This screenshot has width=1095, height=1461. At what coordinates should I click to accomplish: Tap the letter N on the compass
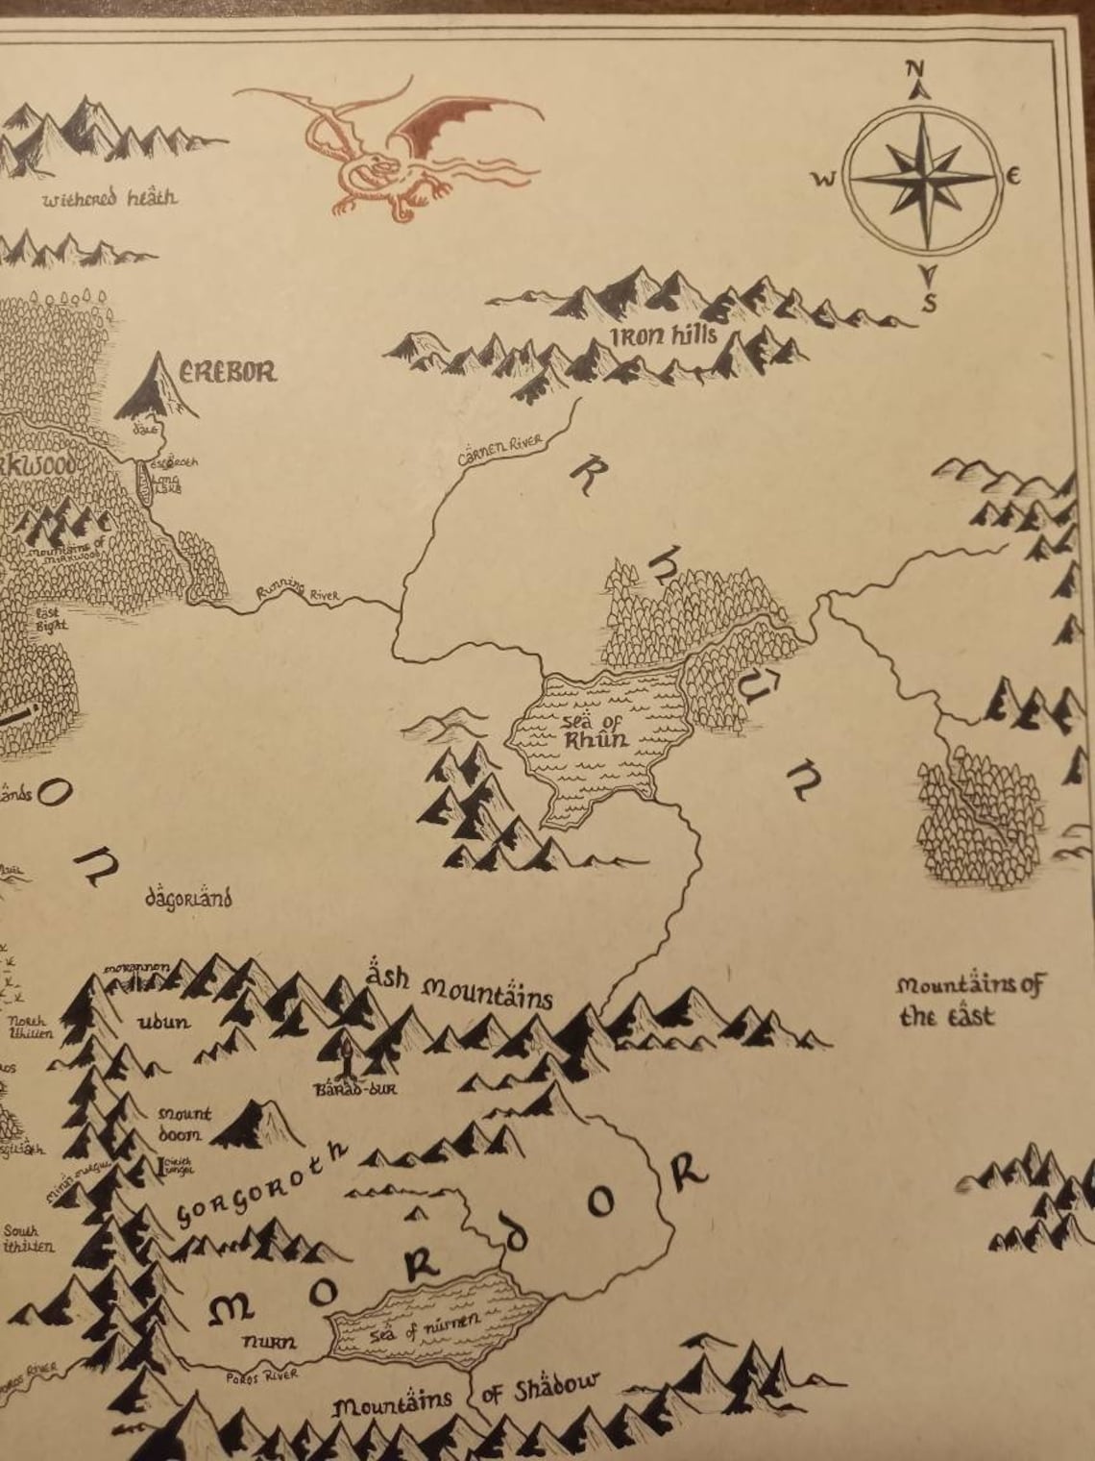click(x=914, y=69)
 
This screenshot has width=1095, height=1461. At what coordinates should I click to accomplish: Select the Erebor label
click(x=228, y=371)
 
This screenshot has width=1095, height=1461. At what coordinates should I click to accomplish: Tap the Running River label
click(x=297, y=592)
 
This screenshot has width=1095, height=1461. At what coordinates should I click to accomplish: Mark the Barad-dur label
click(x=355, y=1089)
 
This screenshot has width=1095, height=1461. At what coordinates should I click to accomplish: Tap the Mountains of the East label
click(x=970, y=1000)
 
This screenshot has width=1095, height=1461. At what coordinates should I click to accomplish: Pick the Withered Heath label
click(x=109, y=198)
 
